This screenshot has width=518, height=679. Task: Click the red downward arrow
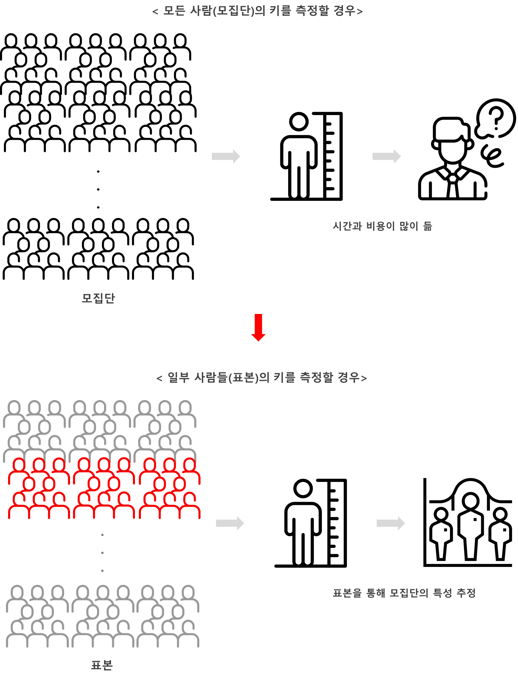[x=258, y=327]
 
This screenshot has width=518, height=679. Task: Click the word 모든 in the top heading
[x=174, y=11]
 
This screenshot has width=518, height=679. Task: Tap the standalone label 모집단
[x=98, y=298]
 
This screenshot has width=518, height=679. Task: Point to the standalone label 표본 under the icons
[x=102, y=665]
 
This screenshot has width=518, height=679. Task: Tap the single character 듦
[x=427, y=226]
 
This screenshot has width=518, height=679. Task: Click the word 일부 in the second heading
[x=178, y=378]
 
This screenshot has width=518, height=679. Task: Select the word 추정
[x=466, y=593]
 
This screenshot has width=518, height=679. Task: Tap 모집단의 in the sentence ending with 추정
[x=409, y=593]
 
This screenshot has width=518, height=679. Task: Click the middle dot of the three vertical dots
[x=102, y=553]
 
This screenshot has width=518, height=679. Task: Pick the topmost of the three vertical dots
[x=102, y=535]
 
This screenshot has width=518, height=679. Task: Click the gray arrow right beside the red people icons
[x=230, y=523]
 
